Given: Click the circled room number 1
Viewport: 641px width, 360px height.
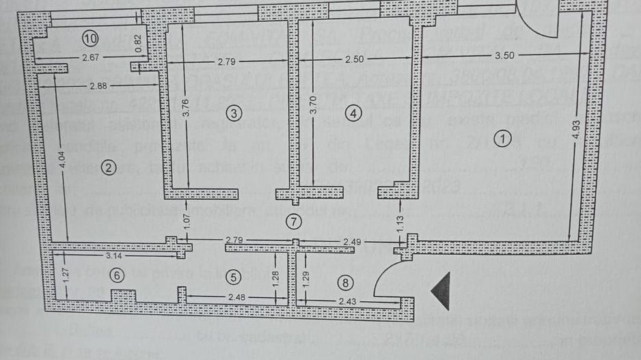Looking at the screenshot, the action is pos(504,139).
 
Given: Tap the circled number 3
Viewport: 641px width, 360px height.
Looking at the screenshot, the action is pos(234,113).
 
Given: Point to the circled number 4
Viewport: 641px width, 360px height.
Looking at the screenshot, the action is pos(353,113).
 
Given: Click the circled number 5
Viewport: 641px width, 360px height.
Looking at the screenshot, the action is pos(234,277).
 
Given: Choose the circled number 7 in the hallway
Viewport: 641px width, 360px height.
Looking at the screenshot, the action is pos(293,221).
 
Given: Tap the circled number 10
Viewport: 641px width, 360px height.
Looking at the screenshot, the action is pos(90,37).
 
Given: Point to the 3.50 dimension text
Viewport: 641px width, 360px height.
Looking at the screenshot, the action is pos(504,56).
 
